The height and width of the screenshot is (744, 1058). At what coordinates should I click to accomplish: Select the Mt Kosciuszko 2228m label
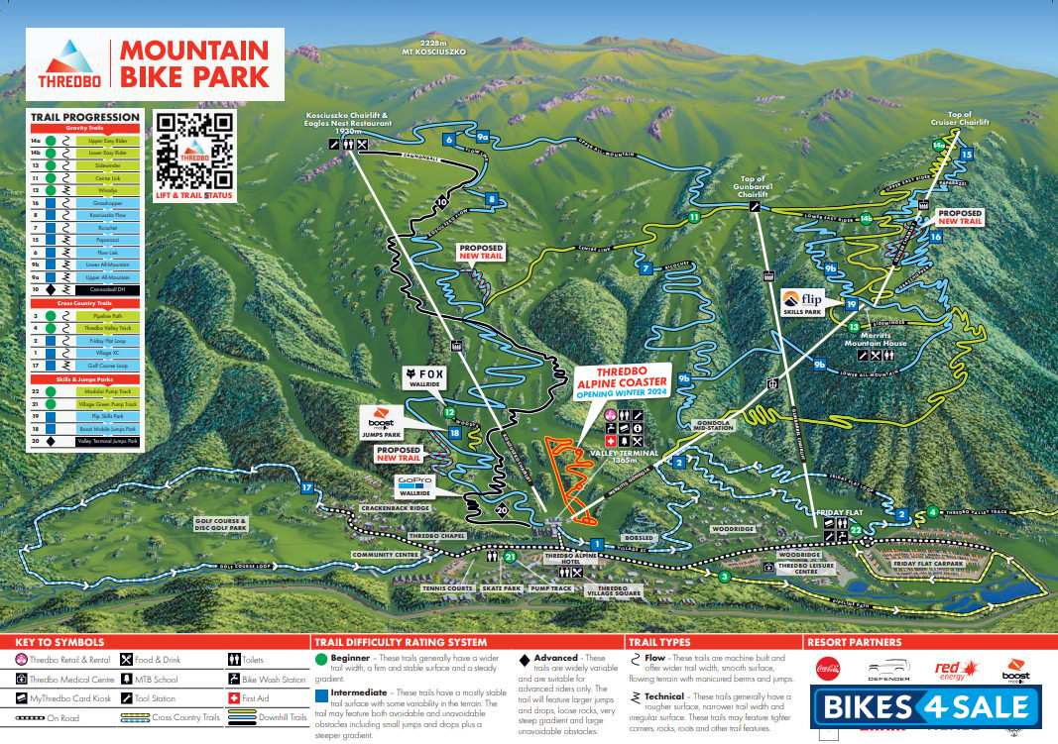click(433, 47)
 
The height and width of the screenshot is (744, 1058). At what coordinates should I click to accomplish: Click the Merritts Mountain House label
click(876, 340)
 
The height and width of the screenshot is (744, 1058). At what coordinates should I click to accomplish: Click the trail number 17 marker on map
click(306, 487)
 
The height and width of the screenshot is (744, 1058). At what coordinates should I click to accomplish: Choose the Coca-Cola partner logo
click(827, 669)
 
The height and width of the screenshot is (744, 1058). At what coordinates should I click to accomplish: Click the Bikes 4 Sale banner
click(927, 707)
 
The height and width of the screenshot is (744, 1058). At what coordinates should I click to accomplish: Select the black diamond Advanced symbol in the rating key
click(525, 659)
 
